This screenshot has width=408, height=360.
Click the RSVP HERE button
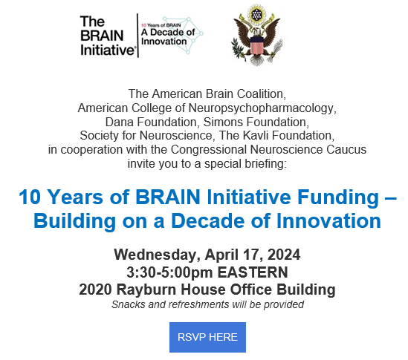(x=207, y=337)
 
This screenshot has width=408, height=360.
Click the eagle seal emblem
(x=257, y=35)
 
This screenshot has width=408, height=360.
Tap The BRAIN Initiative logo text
(x=108, y=36)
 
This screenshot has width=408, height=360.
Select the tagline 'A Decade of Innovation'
(x=168, y=36)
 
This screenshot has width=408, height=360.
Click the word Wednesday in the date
(x=157, y=255)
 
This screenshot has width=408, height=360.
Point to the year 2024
(x=284, y=255)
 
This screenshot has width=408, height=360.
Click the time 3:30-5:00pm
(x=169, y=272)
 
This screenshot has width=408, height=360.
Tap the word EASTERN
(x=253, y=272)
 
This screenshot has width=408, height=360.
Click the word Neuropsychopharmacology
(x=262, y=108)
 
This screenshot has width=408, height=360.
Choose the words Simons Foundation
(x=256, y=122)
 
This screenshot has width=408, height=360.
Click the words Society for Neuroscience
(x=147, y=135)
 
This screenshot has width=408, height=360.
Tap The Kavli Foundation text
(x=276, y=135)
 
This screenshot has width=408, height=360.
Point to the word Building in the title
(x=74, y=221)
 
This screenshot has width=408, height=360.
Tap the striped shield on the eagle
(x=257, y=45)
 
